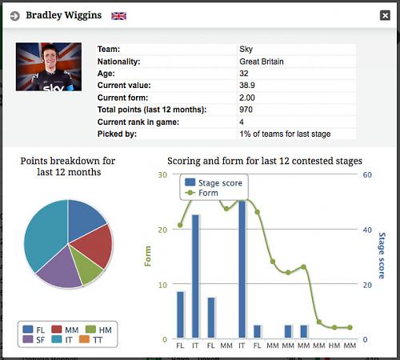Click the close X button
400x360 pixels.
385,15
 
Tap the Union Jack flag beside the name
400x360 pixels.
118,16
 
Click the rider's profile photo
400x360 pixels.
49,66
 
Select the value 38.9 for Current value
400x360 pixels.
247,86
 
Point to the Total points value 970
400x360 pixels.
246,110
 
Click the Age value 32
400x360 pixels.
244,74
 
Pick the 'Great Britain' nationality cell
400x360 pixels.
262,62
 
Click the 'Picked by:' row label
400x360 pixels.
117,134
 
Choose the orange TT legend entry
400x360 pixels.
91,340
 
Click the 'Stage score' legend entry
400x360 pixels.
214,182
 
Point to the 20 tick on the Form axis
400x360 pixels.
162,230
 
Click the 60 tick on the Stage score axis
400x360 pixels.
367,174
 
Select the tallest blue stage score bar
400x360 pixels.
242,269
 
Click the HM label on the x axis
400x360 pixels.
334,346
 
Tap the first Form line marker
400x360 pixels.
180,226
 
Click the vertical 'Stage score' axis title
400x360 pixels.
382,255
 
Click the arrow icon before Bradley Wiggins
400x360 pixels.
15,16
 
